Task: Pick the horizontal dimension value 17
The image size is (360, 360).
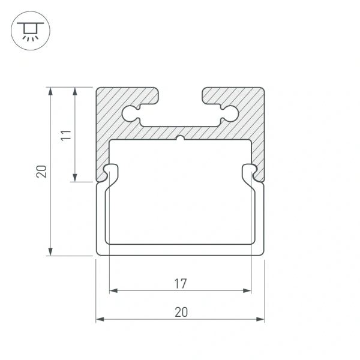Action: click(x=181, y=283)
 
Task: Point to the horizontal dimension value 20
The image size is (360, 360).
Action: click(x=181, y=311)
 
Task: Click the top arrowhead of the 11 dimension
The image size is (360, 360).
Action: click(x=74, y=92)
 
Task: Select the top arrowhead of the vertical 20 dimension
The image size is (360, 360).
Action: click(x=51, y=92)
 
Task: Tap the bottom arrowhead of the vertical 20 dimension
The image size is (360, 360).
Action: click(x=51, y=251)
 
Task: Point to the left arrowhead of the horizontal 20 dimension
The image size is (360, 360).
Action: click(x=100, y=319)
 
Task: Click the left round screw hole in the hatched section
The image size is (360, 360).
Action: click(x=130, y=113)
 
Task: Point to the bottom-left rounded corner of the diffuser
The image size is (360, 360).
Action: click(x=101, y=252)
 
